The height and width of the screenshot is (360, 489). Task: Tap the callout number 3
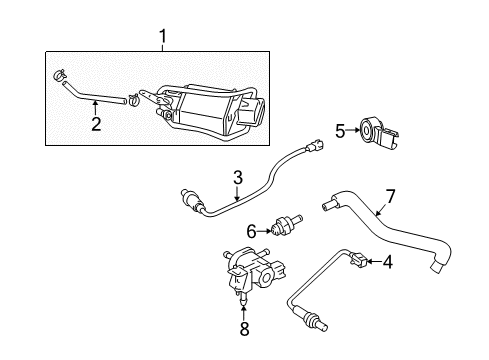[x=238, y=177]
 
